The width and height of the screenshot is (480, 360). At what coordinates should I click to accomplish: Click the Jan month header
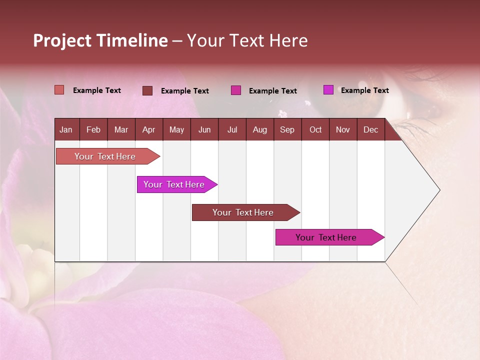pos(66,129)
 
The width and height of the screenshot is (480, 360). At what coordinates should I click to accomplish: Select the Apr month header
pos(148,129)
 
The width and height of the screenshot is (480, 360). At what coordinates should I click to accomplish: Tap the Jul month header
pos(232,129)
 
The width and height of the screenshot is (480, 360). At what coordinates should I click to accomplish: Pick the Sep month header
pos(287,129)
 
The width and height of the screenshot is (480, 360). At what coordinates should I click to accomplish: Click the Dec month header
pos(370,129)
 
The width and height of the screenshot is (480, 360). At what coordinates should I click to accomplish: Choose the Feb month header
pos(93,129)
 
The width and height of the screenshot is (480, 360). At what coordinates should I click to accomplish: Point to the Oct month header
pos(315,129)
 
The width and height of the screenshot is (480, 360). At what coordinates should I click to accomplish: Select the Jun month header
pos(204,129)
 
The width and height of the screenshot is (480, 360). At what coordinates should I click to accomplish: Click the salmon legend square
pos(59,90)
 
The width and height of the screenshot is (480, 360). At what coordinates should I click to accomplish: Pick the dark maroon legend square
pos(147,90)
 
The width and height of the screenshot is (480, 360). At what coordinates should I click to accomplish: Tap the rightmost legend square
pos(328,90)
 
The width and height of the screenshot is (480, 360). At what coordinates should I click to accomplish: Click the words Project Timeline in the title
pos(100,40)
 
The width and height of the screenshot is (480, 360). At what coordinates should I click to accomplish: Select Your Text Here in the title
pos(247,40)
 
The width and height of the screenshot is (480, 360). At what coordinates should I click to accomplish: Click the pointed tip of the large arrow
pos(439,190)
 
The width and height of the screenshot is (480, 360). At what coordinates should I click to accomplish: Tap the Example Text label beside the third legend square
pos(272,91)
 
